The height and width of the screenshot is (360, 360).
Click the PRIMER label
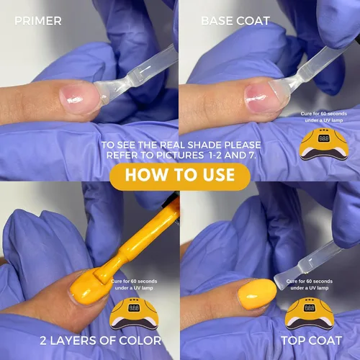tap(38, 21)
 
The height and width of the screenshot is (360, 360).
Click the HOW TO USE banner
tap(180, 174)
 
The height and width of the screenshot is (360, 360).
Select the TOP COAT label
tap(312, 341)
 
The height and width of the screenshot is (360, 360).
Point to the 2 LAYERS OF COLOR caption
tap(100, 341)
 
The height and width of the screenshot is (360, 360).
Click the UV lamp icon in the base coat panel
tap(324, 144)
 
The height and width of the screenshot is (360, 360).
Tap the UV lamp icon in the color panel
tap(134, 314)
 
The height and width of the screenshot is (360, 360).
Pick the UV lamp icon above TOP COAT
tap(310, 314)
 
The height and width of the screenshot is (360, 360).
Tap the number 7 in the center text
tap(251, 156)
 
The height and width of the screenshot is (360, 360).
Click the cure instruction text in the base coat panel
tap(324, 117)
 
